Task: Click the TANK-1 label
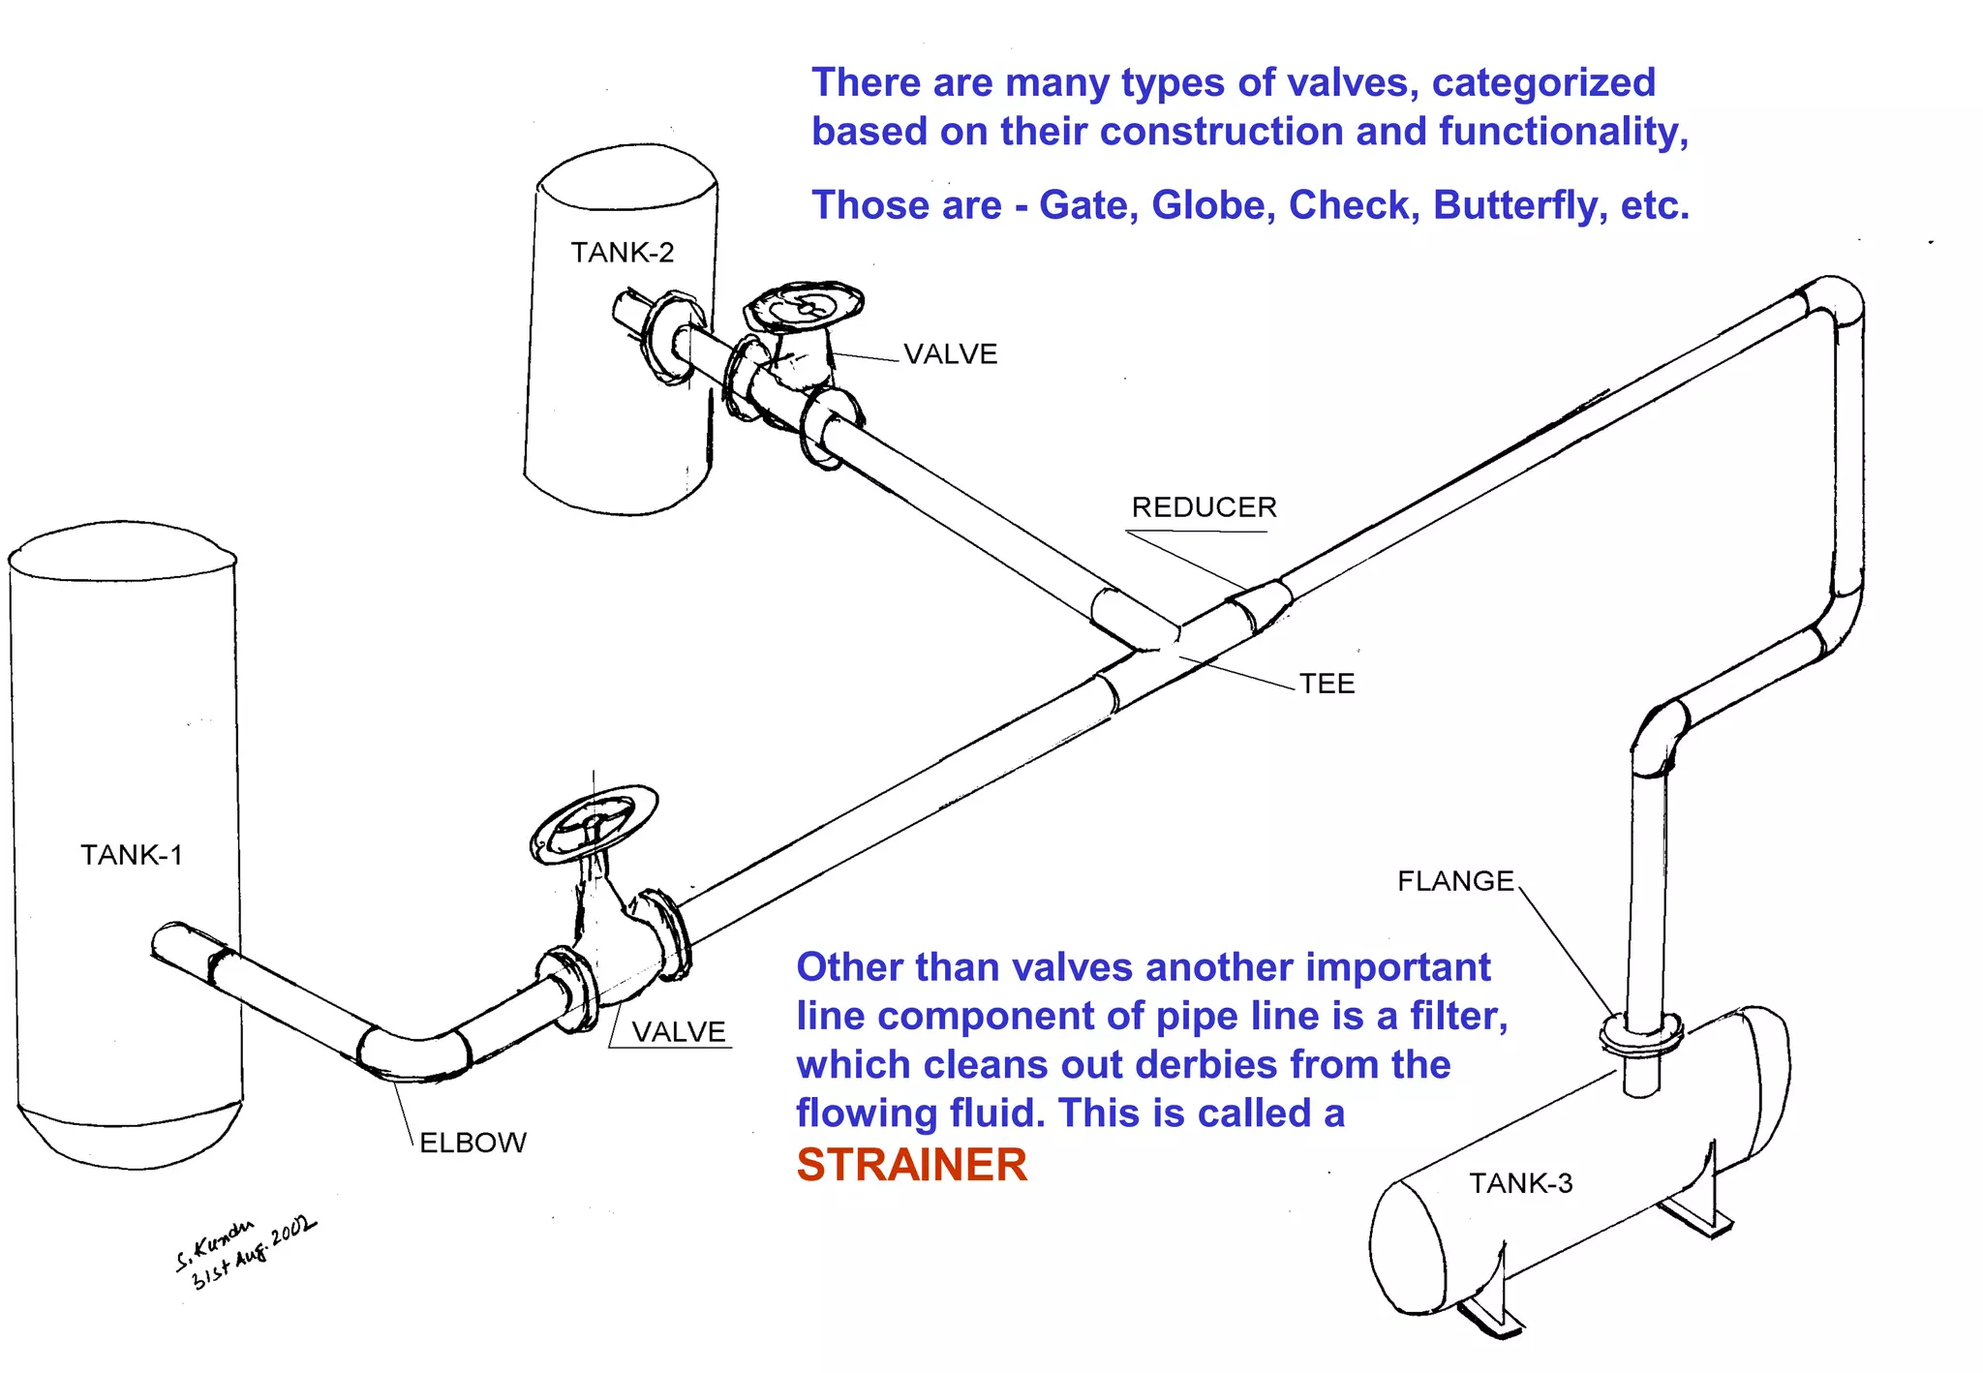(131, 855)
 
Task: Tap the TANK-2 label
(622, 253)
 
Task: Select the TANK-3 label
(1520, 1183)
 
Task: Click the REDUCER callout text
(1204, 507)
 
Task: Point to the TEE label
(1327, 684)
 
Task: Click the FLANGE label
(1454, 881)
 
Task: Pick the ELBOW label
(473, 1143)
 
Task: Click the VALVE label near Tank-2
(950, 354)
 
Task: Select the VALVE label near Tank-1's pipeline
(678, 1032)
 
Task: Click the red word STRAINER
(911, 1165)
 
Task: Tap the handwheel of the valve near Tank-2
(804, 306)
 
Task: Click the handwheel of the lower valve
(594, 823)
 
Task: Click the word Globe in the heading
(1212, 205)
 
